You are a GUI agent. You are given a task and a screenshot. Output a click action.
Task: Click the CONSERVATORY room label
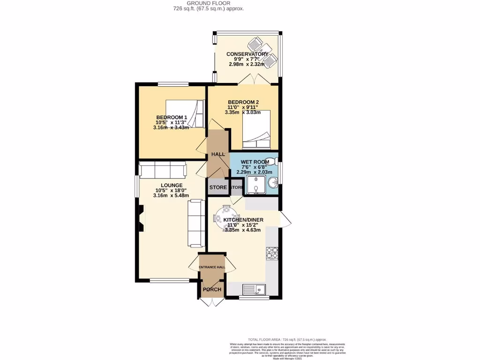[x=247, y=54]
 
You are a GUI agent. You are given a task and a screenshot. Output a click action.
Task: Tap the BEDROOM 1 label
[x=172, y=117]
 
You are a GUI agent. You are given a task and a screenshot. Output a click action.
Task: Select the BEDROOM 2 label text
[x=243, y=102]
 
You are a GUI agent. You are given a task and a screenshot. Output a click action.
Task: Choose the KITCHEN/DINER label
[x=243, y=220]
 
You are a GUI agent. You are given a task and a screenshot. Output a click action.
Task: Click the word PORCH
[x=212, y=289]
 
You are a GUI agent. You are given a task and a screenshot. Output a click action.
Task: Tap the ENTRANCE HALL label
[x=212, y=267]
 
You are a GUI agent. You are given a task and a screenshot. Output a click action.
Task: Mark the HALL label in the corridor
[x=218, y=154]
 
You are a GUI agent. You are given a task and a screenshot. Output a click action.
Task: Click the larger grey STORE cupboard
[x=218, y=187]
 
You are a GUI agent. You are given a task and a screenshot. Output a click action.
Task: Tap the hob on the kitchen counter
[x=272, y=253]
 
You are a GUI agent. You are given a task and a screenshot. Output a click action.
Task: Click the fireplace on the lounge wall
[x=141, y=219]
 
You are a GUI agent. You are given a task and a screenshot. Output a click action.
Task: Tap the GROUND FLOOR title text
[x=208, y=3]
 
